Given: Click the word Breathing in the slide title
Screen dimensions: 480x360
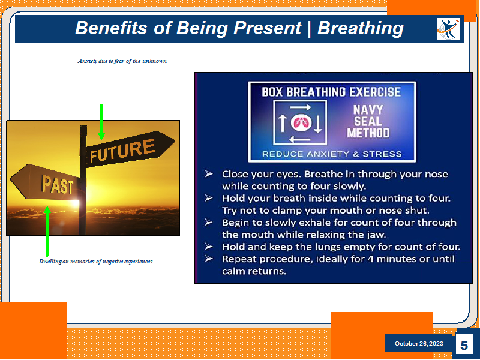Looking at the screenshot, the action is (x=361, y=29).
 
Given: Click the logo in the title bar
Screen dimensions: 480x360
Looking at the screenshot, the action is (x=448, y=29).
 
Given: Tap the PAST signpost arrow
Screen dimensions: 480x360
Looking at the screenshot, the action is (x=46, y=182).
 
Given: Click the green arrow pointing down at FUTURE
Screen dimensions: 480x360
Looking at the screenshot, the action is (x=101, y=122).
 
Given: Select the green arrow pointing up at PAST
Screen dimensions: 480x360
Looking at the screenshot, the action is (x=47, y=232).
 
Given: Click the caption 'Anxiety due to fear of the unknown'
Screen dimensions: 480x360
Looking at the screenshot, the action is (x=122, y=61).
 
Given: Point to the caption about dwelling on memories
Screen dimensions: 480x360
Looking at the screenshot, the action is (x=95, y=262).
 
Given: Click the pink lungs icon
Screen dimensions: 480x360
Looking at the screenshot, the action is (x=301, y=123).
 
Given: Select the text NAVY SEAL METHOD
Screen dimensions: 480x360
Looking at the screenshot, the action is (x=368, y=121).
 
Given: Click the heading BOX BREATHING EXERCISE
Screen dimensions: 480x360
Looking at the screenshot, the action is (x=331, y=92).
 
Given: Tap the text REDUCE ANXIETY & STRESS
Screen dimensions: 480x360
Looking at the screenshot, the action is (x=332, y=154).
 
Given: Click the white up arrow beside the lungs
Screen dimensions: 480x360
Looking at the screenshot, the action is (x=282, y=123).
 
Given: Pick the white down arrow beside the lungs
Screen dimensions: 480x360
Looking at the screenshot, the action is (x=318, y=124).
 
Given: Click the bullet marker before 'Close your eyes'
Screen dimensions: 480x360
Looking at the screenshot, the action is (x=209, y=174).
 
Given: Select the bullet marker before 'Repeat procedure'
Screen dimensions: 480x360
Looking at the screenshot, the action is (x=209, y=259).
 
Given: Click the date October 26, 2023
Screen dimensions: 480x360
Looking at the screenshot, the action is (x=419, y=343).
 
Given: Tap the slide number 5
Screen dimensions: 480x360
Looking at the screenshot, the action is (x=464, y=346).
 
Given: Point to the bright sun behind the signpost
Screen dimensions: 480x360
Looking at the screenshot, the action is (x=74, y=202).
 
